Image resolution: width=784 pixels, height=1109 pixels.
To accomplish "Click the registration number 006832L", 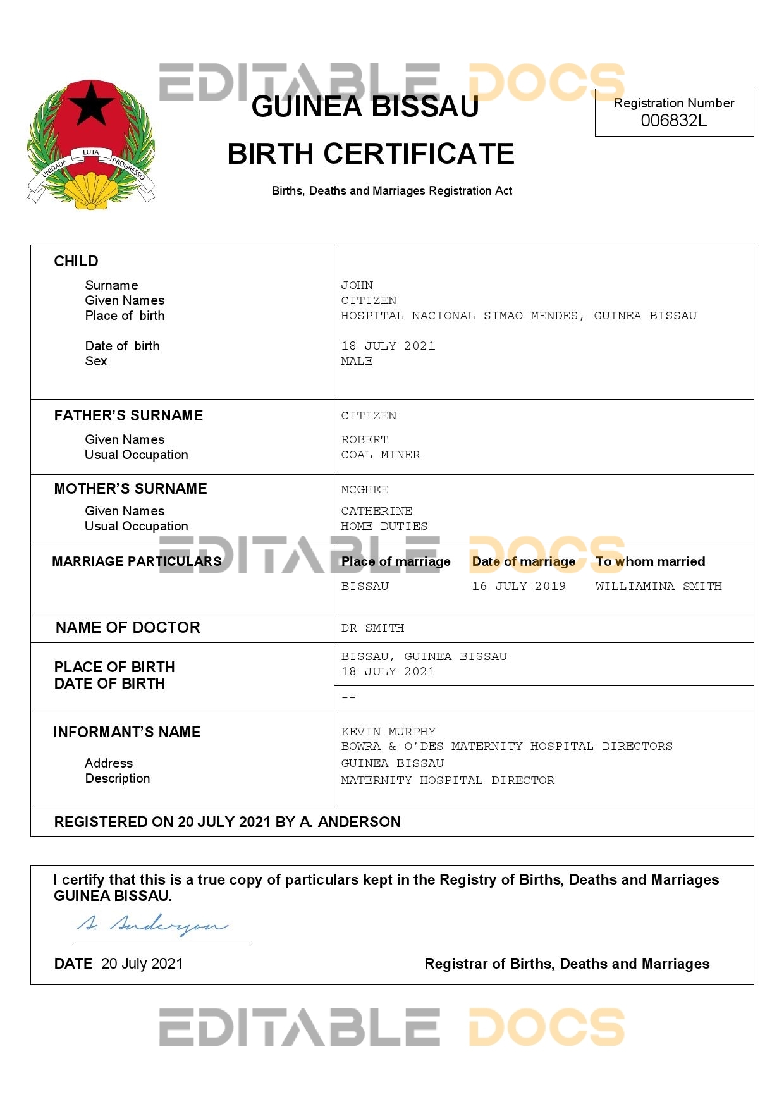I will tap(673, 121).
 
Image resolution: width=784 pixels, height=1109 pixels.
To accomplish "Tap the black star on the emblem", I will tap(92, 104).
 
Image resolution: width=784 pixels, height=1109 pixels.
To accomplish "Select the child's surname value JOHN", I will tap(357, 285).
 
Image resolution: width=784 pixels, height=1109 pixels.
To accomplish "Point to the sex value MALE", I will tap(357, 361).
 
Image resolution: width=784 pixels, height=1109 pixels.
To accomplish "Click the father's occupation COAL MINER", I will tap(380, 455).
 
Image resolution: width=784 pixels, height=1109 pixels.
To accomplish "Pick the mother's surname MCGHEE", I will tap(365, 489).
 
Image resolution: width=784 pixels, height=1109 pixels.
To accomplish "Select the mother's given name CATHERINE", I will tap(376, 511).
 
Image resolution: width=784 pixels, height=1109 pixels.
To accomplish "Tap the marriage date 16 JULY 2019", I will tap(518, 586).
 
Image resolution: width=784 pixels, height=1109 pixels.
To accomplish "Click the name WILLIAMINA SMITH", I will tap(658, 586).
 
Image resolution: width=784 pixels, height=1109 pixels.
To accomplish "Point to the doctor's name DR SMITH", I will tap(372, 628).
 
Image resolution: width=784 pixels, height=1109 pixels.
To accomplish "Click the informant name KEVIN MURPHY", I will tap(388, 732).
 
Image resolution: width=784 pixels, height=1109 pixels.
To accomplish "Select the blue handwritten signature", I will tap(152, 925).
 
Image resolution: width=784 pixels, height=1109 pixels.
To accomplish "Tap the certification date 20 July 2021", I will tap(142, 964).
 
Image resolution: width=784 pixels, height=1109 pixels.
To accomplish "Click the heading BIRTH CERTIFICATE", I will tap(371, 154).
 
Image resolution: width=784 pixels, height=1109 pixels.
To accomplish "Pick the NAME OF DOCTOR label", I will tap(128, 628).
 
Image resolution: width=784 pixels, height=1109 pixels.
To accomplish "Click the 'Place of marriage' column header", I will tap(396, 561).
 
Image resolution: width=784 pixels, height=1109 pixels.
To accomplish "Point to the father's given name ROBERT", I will tap(365, 439).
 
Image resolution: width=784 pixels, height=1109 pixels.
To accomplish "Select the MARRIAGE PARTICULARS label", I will tap(137, 561).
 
